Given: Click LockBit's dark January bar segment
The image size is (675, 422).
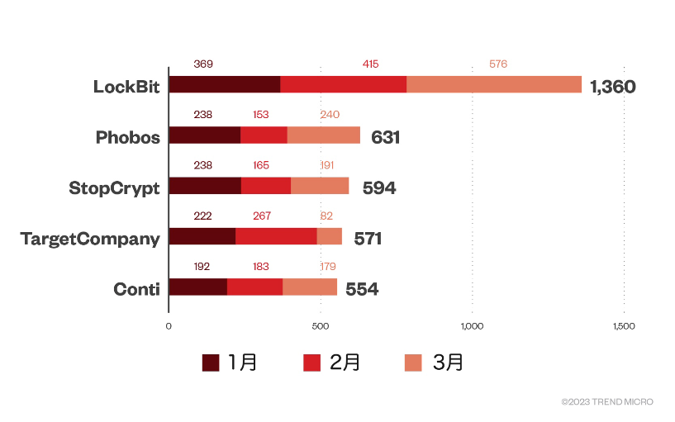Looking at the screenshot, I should point(225,85).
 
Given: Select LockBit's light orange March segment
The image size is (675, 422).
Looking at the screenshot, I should point(494,85).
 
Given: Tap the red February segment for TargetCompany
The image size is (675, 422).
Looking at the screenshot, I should point(276,236).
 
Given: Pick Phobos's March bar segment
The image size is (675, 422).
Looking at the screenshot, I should point(323,135).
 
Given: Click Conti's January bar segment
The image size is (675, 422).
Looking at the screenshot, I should point(197,287).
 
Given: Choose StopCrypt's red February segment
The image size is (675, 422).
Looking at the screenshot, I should point(266,186).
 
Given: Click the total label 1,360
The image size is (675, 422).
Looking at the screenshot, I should point(613,87).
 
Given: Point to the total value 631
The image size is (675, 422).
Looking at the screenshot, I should point(386,137).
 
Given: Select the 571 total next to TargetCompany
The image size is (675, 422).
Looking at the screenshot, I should point(368,239).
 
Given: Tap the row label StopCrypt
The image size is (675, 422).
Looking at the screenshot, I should point(114,187).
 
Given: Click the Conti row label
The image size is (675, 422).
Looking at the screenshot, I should point(136,288).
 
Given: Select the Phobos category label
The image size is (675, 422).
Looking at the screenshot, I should point(127,137).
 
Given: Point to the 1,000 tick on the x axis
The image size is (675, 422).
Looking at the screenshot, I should point(472,327).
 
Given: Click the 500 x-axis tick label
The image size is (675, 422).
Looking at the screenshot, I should point(321,327).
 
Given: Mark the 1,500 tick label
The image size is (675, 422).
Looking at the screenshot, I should point(623,327).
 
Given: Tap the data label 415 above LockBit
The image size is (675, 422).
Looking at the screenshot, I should point(370,64).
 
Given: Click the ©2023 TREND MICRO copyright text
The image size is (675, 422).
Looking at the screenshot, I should point(606,402).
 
